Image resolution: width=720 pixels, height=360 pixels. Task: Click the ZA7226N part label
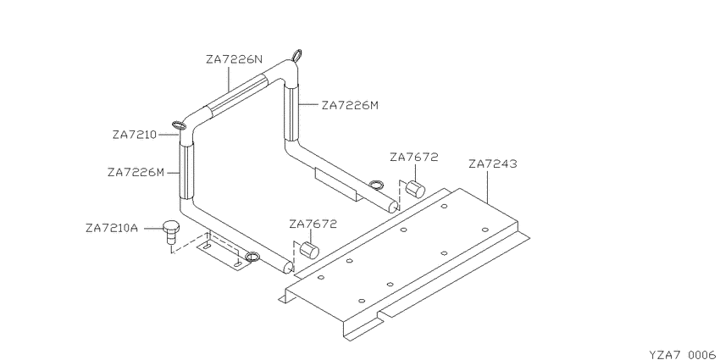(x=234, y=59)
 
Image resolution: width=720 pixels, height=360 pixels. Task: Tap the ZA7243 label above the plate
(x=493, y=164)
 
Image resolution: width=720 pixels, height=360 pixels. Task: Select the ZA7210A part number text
(x=112, y=228)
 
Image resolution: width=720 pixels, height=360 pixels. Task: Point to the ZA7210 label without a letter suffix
(x=135, y=135)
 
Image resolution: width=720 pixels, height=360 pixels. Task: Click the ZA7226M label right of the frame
(x=350, y=106)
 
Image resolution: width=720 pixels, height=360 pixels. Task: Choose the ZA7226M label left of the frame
(x=136, y=173)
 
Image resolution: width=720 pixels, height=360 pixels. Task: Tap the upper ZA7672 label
(x=414, y=157)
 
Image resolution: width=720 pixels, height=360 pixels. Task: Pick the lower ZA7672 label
(x=313, y=224)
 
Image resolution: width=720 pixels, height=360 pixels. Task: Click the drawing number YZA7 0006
(x=683, y=354)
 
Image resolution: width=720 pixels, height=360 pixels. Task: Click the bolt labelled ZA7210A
(x=171, y=232)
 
